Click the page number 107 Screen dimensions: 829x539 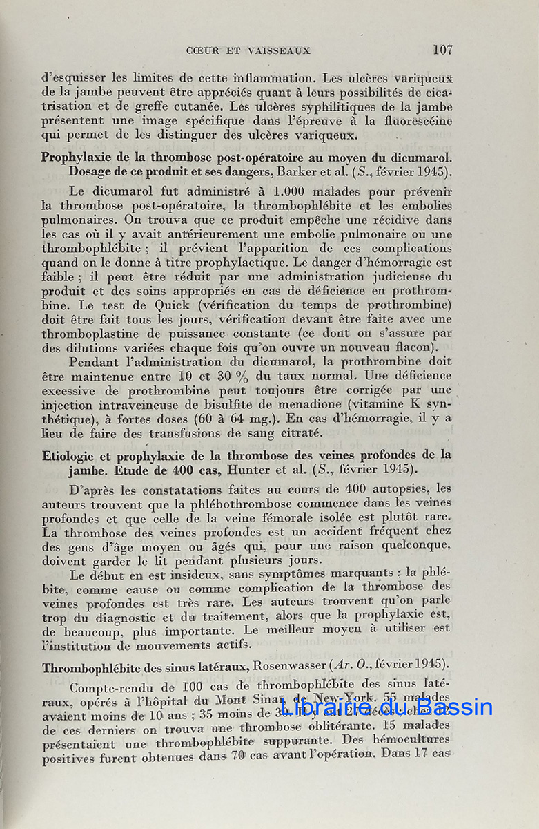pos(442,50)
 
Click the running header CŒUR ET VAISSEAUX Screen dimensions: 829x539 pos(248,50)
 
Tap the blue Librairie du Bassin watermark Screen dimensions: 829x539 pos(386,706)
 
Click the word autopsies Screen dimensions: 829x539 pos(401,488)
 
